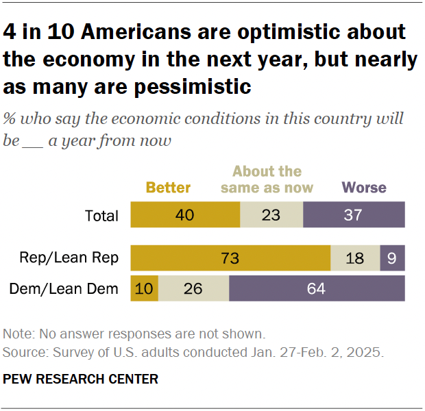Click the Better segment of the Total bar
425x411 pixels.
(185, 215)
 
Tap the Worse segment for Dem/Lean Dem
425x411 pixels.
(317, 289)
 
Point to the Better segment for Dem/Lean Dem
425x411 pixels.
(145, 289)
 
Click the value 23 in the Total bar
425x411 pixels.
(271, 215)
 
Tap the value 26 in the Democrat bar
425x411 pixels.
(193, 289)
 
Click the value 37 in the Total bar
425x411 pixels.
(354, 215)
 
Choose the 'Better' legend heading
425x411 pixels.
(168, 187)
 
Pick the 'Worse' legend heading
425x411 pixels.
(364, 187)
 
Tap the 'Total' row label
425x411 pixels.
(101, 216)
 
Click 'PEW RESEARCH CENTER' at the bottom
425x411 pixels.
(80, 379)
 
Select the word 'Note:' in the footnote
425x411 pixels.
(18, 334)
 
